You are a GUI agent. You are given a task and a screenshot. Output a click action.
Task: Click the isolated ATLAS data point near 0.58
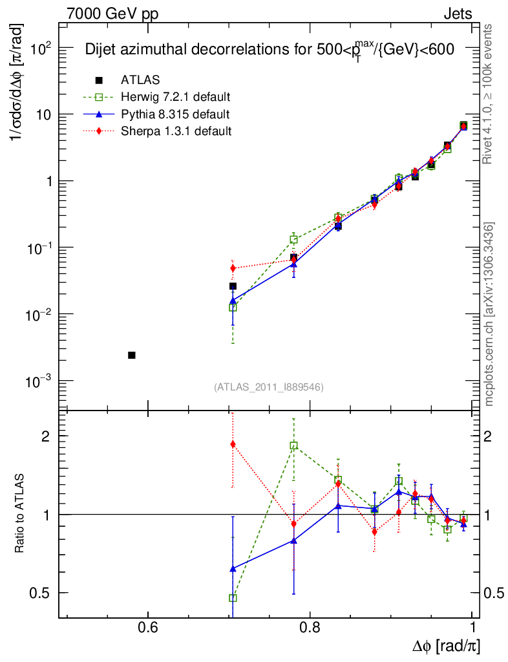tap(132, 355)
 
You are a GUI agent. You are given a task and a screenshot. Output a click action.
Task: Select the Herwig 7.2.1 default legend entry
tap(175, 98)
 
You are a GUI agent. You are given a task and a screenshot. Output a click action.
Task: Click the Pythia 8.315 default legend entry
tap(175, 114)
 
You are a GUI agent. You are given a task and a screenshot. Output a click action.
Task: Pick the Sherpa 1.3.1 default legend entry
tap(175, 131)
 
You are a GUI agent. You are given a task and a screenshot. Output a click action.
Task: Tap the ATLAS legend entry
tap(140, 80)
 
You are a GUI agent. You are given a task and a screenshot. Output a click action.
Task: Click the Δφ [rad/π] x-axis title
tap(446, 646)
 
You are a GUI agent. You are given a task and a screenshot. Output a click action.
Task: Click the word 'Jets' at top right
tap(458, 14)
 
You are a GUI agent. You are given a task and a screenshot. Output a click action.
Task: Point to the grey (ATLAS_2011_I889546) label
tap(268, 387)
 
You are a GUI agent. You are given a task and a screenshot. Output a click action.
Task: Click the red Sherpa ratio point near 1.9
tap(233, 444)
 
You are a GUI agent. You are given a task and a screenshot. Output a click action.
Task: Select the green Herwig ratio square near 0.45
tap(233, 598)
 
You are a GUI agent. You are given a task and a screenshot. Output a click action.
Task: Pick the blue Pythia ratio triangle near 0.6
tap(233, 568)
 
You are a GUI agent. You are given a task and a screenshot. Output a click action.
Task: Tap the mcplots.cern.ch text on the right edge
tap(490, 314)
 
